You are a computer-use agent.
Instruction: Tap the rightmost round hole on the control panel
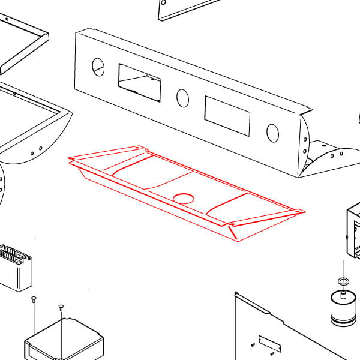coord(272,132)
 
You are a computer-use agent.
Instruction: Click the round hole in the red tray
coord(184,197)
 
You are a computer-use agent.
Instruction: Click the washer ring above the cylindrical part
coord(344,281)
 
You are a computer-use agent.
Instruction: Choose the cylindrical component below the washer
coord(343,310)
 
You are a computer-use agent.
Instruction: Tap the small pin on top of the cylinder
coord(343,294)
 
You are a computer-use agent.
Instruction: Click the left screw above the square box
coord(34,298)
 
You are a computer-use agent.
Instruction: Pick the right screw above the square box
coord(61,307)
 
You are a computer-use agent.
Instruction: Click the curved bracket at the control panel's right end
coord(327,157)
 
